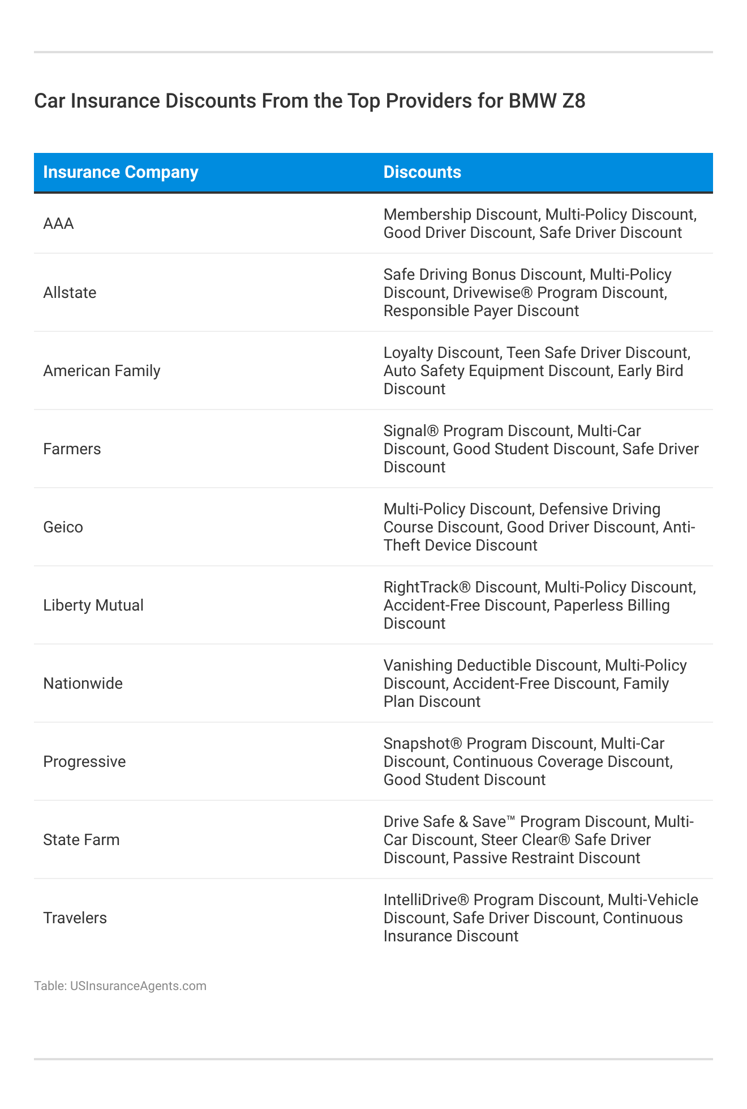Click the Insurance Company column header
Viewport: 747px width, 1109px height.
[x=121, y=172]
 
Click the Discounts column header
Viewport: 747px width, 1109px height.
[x=422, y=172]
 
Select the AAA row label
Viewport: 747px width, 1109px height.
[x=58, y=224]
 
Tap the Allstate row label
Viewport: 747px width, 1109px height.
[x=70, y=293]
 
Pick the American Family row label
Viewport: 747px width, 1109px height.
[x=102, y=371]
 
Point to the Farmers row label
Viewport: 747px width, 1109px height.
[x=72, y=449]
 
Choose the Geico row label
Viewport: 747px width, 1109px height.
[x=63, y=527]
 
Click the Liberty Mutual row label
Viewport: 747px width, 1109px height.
[x=93, y=605]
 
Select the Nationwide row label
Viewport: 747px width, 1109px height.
[x=83, y=684]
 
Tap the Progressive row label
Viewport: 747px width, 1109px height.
[x=84, y=762]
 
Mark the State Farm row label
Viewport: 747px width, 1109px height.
[x=81, y=840]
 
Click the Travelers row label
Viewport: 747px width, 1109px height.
[x=75, y=918]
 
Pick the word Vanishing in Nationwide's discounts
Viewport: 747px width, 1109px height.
[x=418, y=666]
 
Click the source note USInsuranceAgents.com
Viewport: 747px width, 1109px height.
[x=138, y=986]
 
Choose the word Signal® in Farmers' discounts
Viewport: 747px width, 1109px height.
[x=411, y=431]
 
